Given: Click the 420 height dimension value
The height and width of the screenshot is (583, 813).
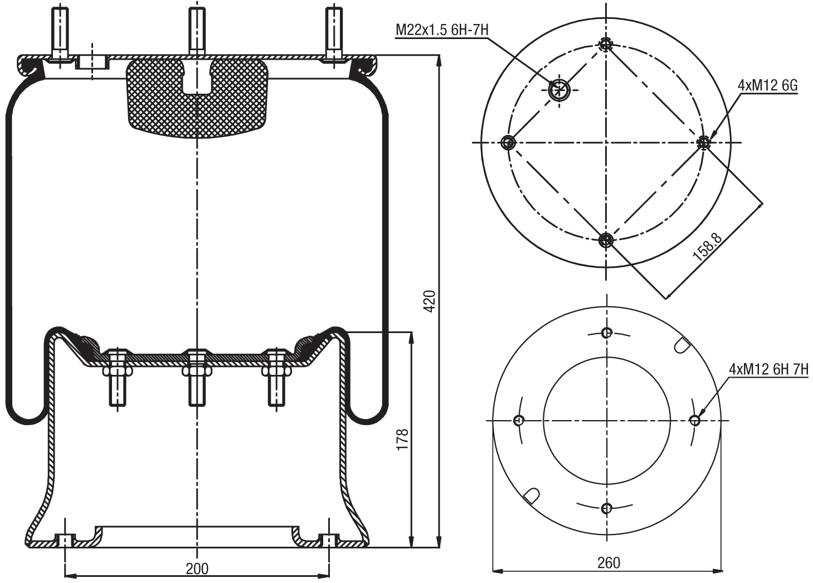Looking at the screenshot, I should coord(429,302).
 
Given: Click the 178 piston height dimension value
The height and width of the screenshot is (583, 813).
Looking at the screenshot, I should coord(402,440).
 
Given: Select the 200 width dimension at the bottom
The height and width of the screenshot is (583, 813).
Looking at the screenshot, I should coord(197,568).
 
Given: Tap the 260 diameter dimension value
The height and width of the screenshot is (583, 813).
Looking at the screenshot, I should coord(608,563).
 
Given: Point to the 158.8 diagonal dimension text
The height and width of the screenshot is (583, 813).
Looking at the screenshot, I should coord(707,247).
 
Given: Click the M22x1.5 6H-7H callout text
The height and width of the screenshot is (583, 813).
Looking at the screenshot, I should coord(442,30).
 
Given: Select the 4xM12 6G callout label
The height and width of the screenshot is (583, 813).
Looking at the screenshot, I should coord(767,85).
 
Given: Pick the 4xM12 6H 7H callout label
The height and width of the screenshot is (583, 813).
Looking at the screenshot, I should coord(768,369).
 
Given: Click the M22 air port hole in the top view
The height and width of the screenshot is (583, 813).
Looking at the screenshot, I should coord(558,90).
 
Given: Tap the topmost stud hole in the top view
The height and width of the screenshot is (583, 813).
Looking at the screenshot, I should coord(606,45).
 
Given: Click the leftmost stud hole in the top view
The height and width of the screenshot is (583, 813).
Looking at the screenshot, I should coord(508,142).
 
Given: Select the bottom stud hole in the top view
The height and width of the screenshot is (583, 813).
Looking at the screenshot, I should coord(606,240).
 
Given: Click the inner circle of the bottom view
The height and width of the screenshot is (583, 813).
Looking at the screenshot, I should coord(607,420).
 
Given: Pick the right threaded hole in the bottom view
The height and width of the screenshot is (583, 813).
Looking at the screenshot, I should coord(694,420).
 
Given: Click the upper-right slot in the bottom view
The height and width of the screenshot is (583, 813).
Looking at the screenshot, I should coord(681,345).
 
